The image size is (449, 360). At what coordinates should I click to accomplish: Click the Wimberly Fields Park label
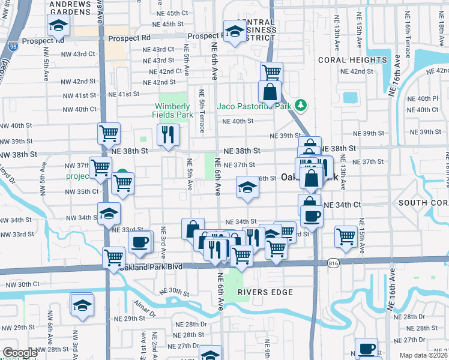176,109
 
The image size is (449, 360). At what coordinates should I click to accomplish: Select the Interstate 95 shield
13,44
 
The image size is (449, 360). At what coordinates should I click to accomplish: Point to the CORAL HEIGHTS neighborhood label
352,60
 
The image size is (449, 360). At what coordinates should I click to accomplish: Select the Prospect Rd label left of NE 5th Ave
129,38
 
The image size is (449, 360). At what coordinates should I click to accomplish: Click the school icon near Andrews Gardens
58,25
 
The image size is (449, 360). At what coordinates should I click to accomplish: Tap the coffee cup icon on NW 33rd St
140,242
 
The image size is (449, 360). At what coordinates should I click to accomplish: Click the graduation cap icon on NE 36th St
247,187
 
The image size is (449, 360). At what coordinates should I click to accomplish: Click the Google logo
19,353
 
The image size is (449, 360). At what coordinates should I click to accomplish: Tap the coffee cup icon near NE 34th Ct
312,216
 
